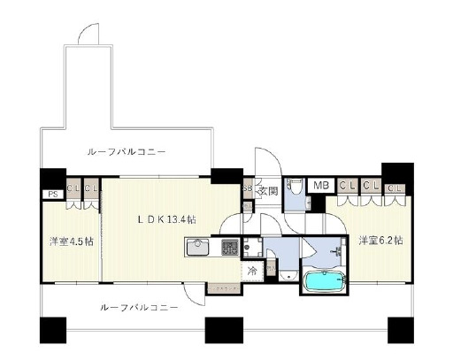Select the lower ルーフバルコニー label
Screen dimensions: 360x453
139,307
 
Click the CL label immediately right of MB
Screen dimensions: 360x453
346,186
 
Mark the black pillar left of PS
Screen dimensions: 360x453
51,177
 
